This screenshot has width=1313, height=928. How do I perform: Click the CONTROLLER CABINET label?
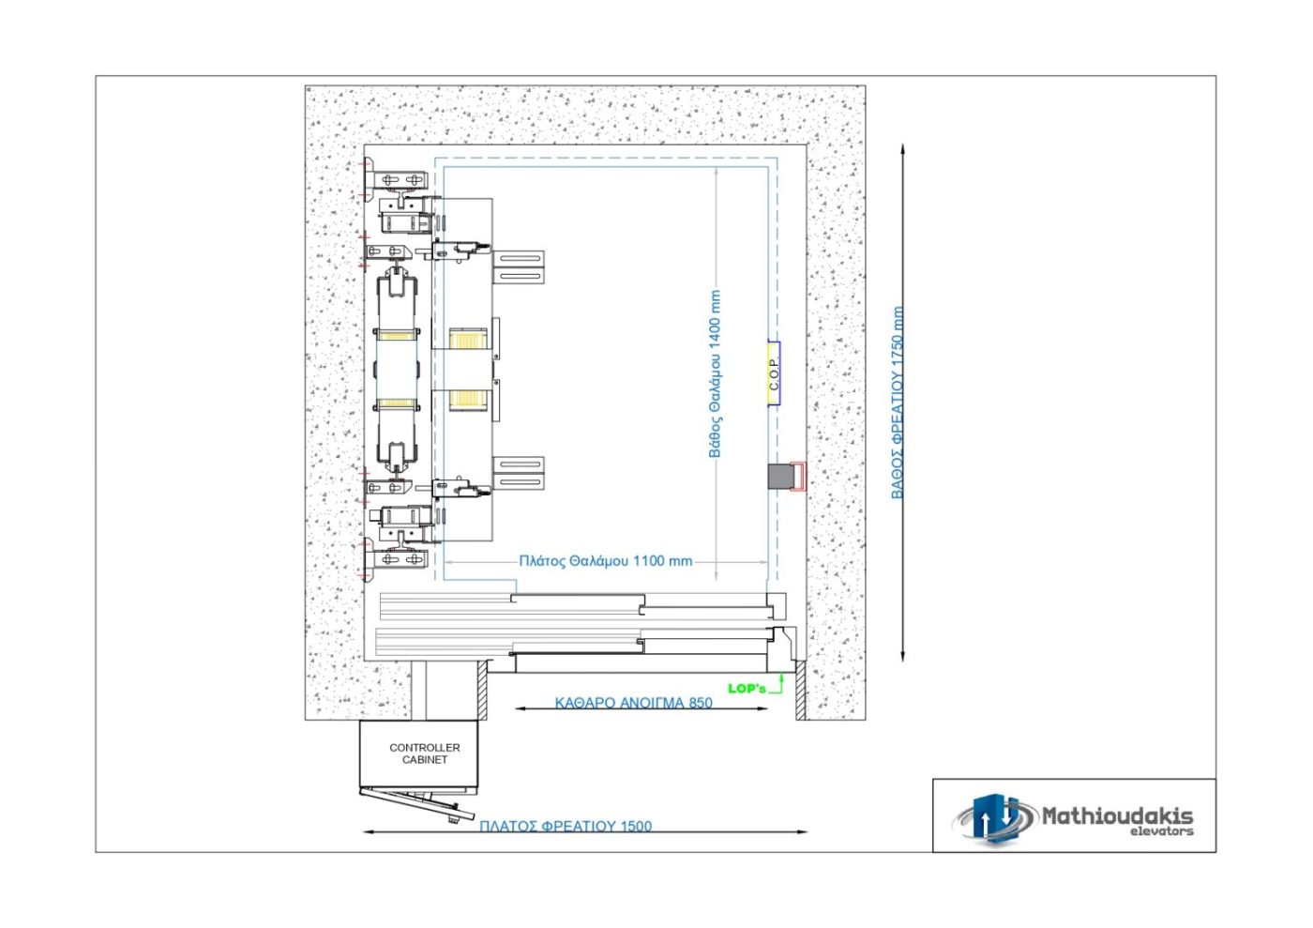click(x=424, y=753)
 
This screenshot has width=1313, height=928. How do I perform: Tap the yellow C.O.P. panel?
click(x=773, y=373)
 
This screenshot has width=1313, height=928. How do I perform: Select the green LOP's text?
click(x=747, y=688)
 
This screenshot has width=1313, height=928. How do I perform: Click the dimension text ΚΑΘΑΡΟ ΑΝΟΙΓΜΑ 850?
click(x=634, y=703)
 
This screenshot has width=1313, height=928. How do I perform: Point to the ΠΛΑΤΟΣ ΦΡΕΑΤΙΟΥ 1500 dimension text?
click(x=566, y=826)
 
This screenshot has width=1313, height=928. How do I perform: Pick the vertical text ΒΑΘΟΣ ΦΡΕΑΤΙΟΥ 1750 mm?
click(x=898, y=403)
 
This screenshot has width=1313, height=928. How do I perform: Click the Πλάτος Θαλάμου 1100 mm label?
click(x=606, y=561)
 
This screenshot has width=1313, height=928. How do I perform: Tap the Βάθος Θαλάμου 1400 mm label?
click(x=715, y=373)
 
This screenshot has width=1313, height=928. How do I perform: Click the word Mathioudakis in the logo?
click(x=1117, y=816)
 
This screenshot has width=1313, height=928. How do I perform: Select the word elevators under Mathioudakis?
click(x=1162, y=831)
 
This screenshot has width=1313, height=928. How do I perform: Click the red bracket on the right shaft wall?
click(x=798, y=476)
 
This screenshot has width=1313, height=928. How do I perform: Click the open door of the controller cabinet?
click(x=417, y=802)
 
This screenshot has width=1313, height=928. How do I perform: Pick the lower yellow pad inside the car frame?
click(x=468, y=400)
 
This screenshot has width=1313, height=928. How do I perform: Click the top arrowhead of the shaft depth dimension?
click(x=902, y=149)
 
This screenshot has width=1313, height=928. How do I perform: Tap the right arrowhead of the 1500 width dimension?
click(x=803, y=831)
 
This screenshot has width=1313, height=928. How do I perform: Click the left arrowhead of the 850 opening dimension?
click(x=521, y=708)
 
